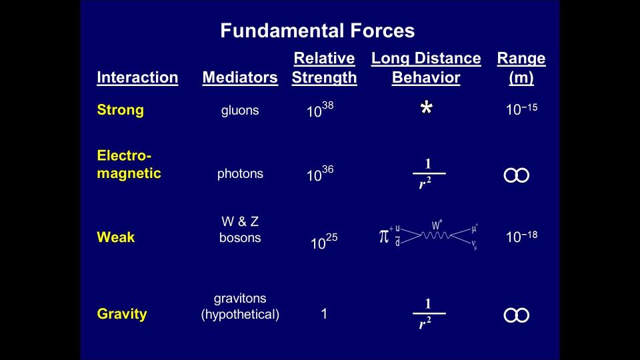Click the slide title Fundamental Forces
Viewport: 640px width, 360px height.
[317, 31]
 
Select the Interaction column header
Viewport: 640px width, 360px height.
[137, 77]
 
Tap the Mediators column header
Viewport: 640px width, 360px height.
[240, 77]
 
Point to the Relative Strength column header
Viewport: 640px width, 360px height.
[324, 68]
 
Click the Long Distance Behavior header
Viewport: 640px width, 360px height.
[426, 68]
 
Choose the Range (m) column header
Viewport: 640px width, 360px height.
[521, 68]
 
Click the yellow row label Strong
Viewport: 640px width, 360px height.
[121, 110]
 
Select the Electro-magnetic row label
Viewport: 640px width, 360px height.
[129, 164]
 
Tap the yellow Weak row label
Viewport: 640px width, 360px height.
[116, 237]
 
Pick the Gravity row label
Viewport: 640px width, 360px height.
[122, 314]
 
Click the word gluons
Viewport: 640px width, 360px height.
[240, 110]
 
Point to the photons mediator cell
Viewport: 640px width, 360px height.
[240, 174]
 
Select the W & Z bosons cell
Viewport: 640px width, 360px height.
[240, 229]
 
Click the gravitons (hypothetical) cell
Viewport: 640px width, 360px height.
[240, 306]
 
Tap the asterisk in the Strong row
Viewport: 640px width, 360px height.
[427, 107]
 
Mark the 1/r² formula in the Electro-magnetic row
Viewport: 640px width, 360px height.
[429, 174]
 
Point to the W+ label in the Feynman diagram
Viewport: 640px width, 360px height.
[437, 225]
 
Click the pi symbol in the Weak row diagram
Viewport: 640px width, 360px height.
[384, 236]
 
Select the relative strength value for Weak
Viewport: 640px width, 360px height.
[324, 241]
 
